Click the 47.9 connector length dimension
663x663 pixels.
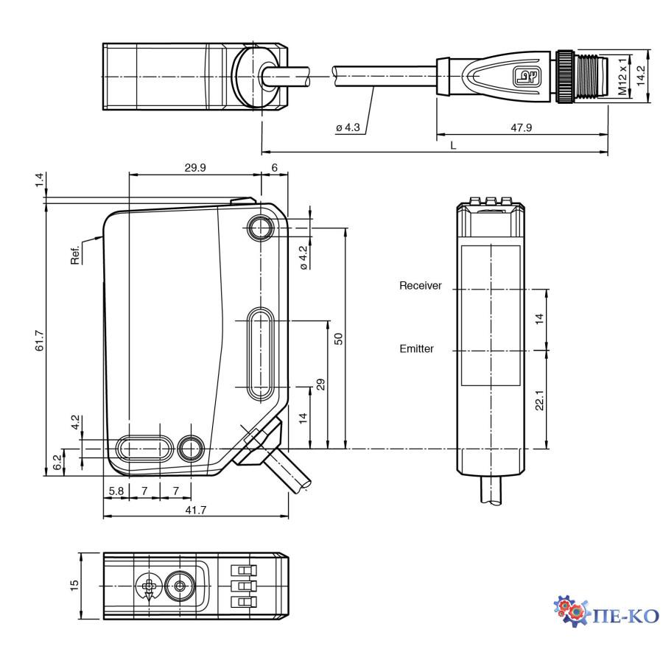[x=521, y=127]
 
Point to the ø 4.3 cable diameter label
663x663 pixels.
[x=348, y=127]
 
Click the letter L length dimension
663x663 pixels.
[x=454, y=146]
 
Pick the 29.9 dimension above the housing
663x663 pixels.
[x=194, y=168]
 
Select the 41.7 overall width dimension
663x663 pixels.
[x=194, y=509]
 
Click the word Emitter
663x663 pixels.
[x=417, y=349]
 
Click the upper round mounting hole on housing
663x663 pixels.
[x=260, y=228]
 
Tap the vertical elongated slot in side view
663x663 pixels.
[x=260, y=354]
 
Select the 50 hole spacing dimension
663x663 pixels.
[x=338, y=338]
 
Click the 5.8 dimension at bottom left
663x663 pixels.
[x=116, y=490]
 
